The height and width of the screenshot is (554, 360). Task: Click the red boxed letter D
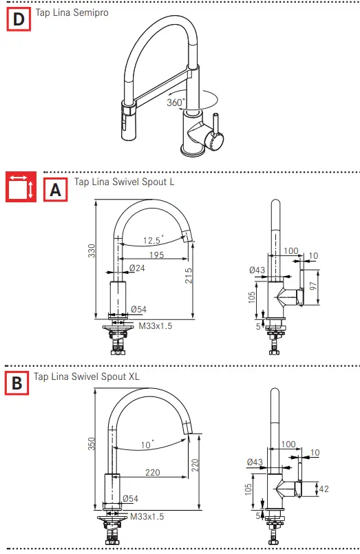coord(18,20)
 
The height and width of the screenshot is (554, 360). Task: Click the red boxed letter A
coord(56,189)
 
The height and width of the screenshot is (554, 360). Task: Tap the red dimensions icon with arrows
coord(21,188)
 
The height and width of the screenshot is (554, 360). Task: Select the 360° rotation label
coord(176,103)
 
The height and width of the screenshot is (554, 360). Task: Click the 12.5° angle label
coord(152,240)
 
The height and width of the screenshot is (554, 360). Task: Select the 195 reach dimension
coord(156,256)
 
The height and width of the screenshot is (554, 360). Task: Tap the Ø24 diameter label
coord(137,268)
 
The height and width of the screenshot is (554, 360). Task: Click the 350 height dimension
coord(89,445)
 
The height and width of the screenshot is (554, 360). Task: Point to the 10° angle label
coord(147,445)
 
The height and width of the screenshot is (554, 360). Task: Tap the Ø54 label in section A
coord(138,310)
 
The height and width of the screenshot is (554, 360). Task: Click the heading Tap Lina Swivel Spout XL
coord(87,376)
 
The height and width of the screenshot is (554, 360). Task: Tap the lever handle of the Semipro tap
coord(215,127)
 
